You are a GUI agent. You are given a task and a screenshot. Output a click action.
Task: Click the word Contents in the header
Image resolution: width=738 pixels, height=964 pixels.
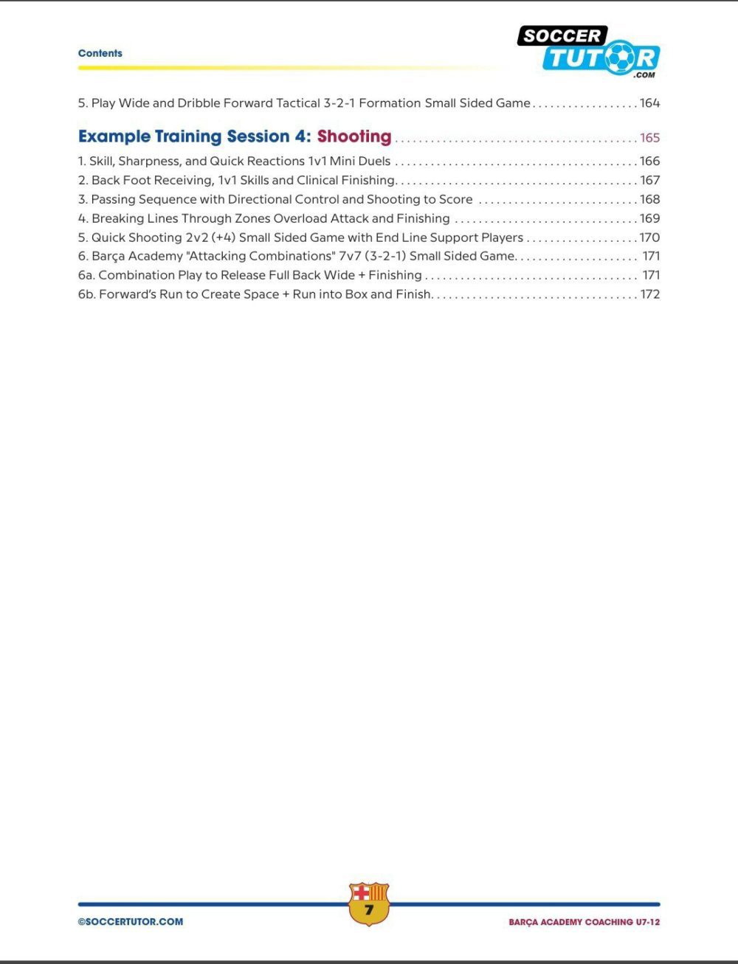pyautogui.click(x=100, y=53)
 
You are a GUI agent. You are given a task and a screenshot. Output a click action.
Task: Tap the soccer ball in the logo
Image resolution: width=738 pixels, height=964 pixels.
pyautogui.click(x=621, y=58)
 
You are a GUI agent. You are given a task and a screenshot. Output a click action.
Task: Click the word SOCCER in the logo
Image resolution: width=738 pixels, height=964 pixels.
pyautogui.click(x=562, y=35)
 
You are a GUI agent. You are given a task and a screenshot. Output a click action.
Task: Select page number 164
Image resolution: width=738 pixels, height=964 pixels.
pyautogui.click(x=649, y=103)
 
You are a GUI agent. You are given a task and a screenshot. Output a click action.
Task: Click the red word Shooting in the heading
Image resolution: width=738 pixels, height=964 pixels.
pyautogui.click(x=354, y=136)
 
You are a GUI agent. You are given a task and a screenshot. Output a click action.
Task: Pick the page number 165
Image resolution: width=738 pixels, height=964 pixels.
pyautogui.click(x=649, y=138)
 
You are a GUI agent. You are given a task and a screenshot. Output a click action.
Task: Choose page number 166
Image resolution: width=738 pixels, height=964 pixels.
pyautogui.click(x=649, y=161)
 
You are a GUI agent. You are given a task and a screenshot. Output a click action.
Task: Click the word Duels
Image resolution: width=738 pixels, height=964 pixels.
pyautogui.click(x=374, y=161)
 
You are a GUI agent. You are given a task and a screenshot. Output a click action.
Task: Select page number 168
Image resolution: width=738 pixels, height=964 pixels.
pyautogui.click(x=649, y=199)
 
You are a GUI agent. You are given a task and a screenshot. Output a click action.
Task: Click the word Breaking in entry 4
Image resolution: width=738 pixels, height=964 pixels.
pyautogui.click(x=117, y=218)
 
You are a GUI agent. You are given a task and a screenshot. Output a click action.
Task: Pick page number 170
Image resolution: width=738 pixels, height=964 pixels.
pyautogui.click(x=649, y=237)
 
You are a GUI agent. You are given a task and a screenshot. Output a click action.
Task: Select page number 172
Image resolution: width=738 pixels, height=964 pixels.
pyautogui.click(x=649, y=294)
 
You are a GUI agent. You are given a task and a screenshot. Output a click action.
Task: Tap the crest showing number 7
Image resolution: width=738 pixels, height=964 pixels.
pyautogui.click(x=368, y=904)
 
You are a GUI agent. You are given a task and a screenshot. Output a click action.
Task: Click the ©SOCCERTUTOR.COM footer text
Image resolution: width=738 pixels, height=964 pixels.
pyautogui.click(x=131, y=921)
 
